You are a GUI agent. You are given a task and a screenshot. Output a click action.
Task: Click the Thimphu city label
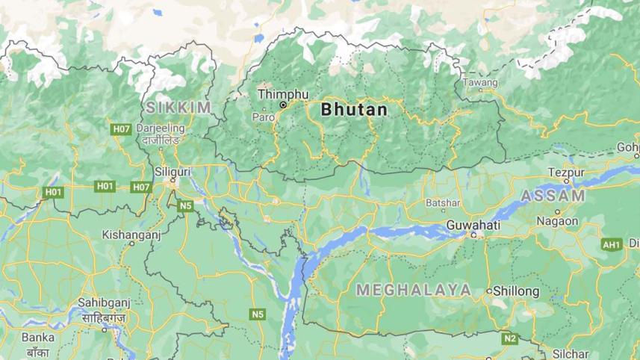tap(282, 94)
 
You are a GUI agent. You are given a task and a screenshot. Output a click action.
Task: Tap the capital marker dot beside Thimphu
tap(283, 106)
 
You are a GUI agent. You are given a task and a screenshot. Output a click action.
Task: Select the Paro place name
tap(263, 117)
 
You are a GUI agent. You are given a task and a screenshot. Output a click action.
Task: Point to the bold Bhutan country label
tap(354, 110)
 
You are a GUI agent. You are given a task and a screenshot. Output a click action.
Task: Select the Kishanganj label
tap(131, 234)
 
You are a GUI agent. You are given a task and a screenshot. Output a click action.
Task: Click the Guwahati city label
tap(472, 224)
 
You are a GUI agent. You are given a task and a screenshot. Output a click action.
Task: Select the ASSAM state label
tap(553, 196)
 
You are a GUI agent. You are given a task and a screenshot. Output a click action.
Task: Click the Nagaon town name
tap(556, 221)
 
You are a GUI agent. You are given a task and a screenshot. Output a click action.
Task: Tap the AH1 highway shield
tap(612, 244)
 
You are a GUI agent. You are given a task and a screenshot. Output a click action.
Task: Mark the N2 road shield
tap(509, 338)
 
